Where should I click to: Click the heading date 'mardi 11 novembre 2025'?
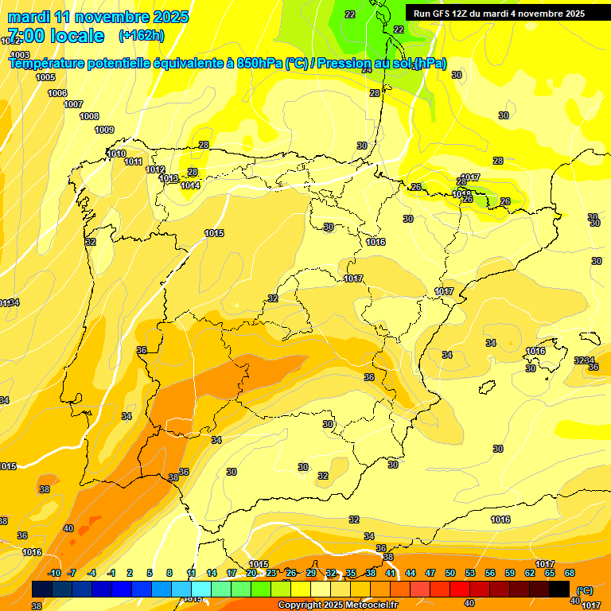(99, 17)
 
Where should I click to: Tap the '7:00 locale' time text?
(56, 36)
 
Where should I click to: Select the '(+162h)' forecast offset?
(142, 36)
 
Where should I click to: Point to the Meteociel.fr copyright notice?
(338, 605)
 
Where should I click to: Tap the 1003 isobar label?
(20, 54)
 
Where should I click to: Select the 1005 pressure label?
(45, 77)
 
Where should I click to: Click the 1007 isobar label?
(73, 104)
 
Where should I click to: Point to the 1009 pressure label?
(104, 130)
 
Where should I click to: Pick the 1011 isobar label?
(134, 162)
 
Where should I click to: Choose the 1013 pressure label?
(169, 179)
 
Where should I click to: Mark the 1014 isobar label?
(190, 185)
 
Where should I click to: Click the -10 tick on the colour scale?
(54, 573)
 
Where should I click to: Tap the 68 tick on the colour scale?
(570, 573)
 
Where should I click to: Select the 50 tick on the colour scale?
(450, 573)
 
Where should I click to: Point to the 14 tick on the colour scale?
(212, 573)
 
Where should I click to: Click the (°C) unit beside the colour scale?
(585, 590)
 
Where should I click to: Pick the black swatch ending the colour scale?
(560, 589)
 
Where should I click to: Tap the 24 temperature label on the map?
(367, 69)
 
